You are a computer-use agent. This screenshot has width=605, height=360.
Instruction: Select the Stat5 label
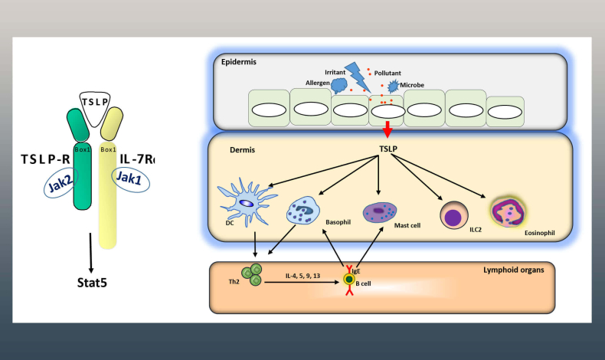(92, 283)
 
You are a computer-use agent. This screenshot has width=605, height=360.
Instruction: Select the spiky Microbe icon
(394, 86)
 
